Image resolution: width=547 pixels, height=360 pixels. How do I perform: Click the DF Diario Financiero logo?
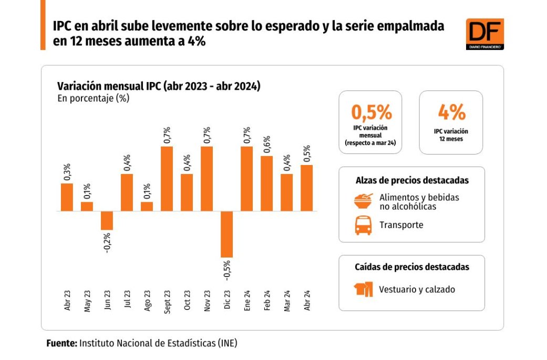click(x=484, y=34)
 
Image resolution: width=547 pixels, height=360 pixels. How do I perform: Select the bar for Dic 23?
click(x=226, y=234)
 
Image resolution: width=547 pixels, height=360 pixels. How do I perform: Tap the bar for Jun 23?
click(x=107, y=221)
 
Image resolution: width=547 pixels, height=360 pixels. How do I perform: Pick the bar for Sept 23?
click(x=167, y=179)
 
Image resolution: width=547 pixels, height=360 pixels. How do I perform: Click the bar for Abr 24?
click(x=307, y=188)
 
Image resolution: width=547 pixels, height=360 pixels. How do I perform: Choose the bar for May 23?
click(x=87, y=207)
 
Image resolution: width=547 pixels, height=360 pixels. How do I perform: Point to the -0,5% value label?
click(x=227, y=269)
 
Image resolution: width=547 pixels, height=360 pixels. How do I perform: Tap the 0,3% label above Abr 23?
click(x=67, y=172)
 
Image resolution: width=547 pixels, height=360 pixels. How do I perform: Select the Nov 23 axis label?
click(x=207, y=301)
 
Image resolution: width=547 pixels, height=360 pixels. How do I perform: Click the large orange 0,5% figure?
click(x=371, y=112)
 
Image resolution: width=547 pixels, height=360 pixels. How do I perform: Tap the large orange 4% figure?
click(x=451, y=112)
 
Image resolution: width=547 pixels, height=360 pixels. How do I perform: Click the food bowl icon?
click(x=364, y=201)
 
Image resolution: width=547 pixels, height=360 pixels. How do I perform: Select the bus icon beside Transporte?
click(x=364, y=225)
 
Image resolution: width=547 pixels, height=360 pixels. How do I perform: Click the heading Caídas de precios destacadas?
click(x=412, y=267)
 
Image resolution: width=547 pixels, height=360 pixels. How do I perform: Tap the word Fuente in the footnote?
click(x=61, y=343)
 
